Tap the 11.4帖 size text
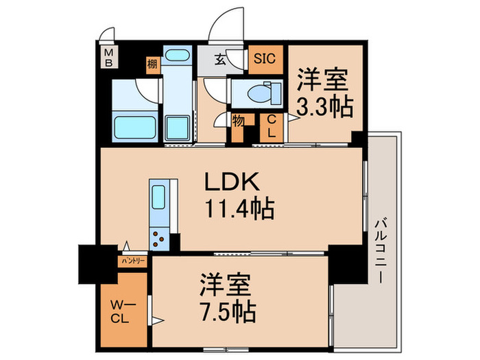click(237, 206)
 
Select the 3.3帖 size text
click(324, 106)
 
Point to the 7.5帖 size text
click(228, 313)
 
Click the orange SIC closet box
click(264, 58)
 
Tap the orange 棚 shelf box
click(152, 65)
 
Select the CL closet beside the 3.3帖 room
click(272, 128)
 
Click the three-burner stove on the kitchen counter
click(159, 239)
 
